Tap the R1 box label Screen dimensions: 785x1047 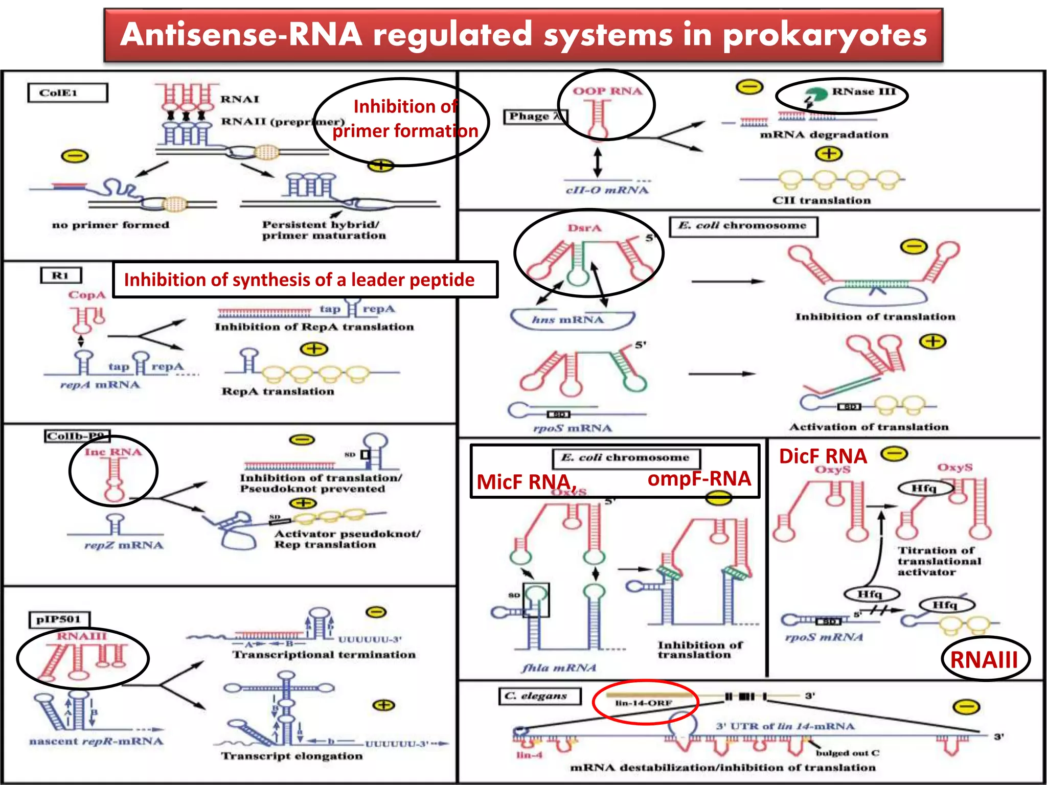click(60, 275)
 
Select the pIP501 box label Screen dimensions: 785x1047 click(59, 619)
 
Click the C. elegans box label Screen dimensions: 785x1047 click(539, 696)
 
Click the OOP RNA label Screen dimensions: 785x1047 click(607, 91)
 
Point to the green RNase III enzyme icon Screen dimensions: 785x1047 click(814, 95)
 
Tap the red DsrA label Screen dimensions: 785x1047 click(584, 228)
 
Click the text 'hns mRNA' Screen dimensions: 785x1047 click(567, 320)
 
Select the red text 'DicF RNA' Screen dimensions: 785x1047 click(823, 456)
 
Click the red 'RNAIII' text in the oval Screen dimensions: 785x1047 click(984, 659)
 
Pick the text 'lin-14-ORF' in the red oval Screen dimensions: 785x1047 click(643, 703)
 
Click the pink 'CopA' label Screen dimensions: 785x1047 click(87, 295)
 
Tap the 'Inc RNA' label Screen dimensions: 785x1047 click(113, 452)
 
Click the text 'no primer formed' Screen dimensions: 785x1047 click(110, 225)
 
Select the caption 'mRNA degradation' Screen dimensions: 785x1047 click(824, 135)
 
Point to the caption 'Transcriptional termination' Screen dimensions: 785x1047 click(324, 655)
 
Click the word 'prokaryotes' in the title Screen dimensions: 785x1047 click(824, 35)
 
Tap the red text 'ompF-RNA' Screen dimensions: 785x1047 click(699, 478)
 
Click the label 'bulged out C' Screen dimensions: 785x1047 click(847, 753)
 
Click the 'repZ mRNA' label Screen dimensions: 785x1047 click(124, 545)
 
